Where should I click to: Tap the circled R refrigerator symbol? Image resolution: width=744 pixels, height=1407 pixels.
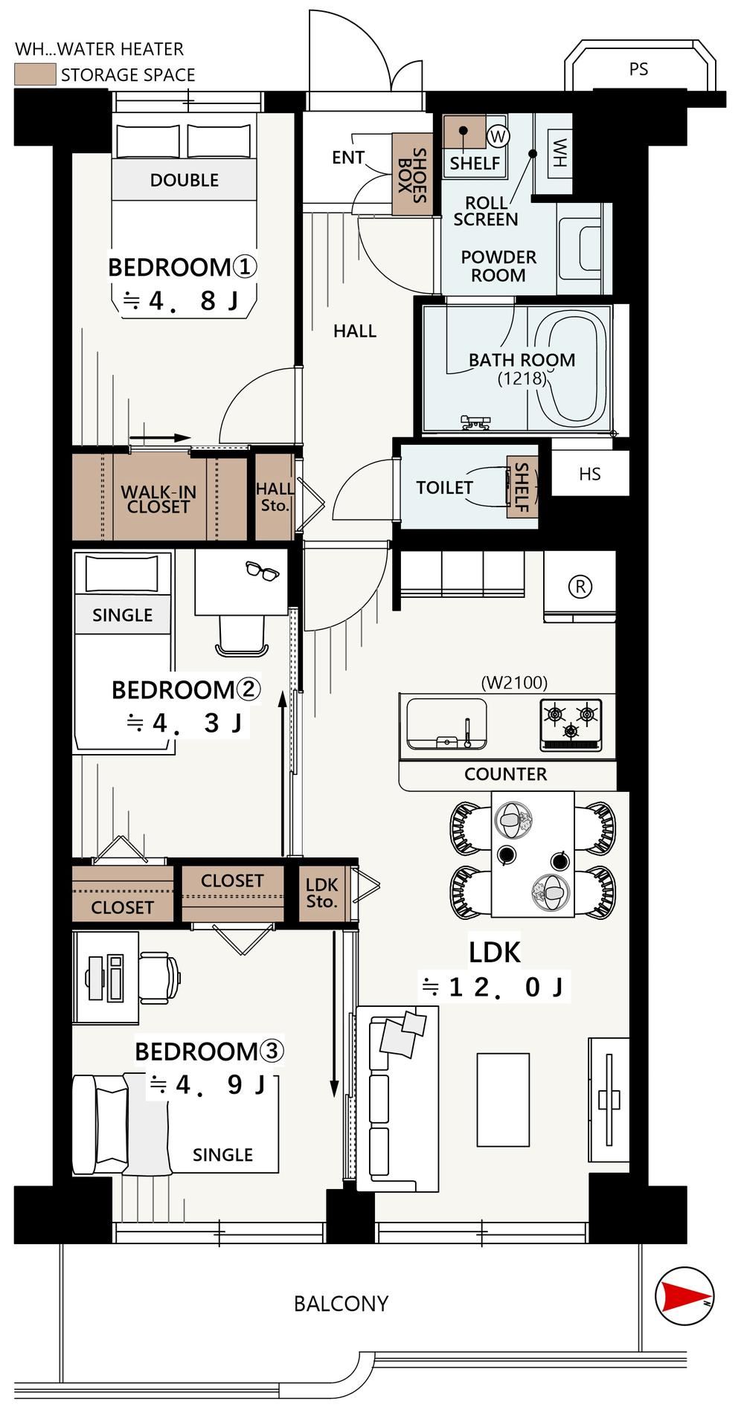[580, 587]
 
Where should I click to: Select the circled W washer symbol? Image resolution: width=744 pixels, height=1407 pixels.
[498, 136]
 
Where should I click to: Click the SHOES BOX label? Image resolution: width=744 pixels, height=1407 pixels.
[412, 175]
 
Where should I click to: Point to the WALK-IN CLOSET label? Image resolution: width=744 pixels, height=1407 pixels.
[158, 499]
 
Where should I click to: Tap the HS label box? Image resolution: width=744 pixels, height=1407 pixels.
[590, 474]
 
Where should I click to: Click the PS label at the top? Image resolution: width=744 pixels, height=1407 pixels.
[638, 69]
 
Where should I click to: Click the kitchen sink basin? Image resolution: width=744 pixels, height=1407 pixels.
[446, 724]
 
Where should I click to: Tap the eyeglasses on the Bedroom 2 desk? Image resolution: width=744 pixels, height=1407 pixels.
[262, 570]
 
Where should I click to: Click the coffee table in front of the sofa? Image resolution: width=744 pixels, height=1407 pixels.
[503, 1100]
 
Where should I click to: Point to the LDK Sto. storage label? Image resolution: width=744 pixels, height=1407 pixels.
[322, 893]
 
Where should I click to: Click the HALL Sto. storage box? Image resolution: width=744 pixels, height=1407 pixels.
[275, 498]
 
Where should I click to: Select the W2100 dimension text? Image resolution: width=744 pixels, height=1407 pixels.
[514, 682]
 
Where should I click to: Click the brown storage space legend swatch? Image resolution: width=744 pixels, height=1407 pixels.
[35, 74]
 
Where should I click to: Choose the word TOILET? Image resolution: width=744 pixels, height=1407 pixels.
[444, 488]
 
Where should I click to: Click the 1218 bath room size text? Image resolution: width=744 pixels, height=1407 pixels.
[522, 378]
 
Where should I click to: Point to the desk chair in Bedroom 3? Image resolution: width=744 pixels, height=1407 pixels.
[159, 975]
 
